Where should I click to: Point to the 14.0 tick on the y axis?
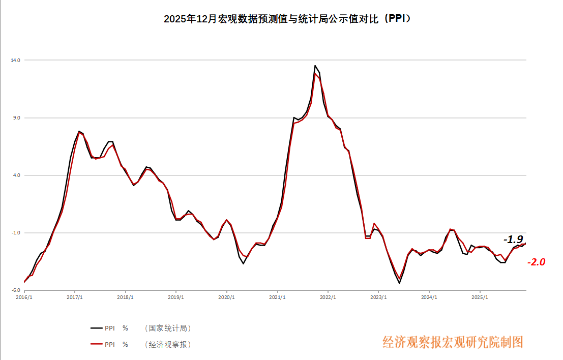[15, 61]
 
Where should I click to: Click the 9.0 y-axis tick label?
[16, 118]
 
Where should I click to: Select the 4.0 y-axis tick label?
[16, 175]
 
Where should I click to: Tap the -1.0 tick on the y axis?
[16, 233]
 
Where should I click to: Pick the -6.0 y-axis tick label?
[16, 290]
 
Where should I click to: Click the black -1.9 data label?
[513, 239]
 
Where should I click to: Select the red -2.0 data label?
[536, 262]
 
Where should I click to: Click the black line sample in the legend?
[96, 328]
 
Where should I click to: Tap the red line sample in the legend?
[96, 344]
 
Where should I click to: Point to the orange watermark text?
[453, 342]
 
